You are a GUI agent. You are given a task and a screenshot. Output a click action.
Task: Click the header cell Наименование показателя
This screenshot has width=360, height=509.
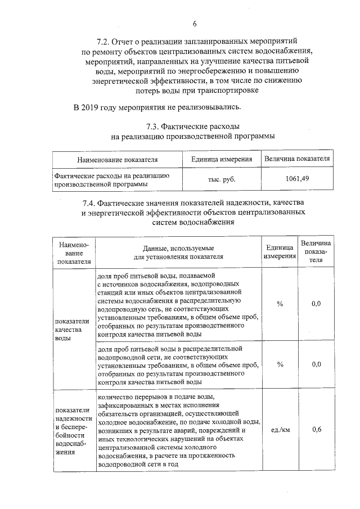118,159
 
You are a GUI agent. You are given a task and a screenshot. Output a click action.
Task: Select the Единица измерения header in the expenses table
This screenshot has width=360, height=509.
222,159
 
